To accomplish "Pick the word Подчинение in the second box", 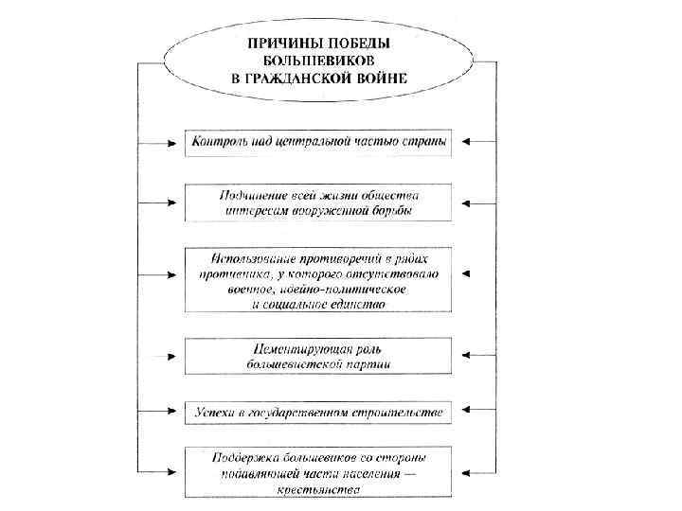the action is (251, 194).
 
